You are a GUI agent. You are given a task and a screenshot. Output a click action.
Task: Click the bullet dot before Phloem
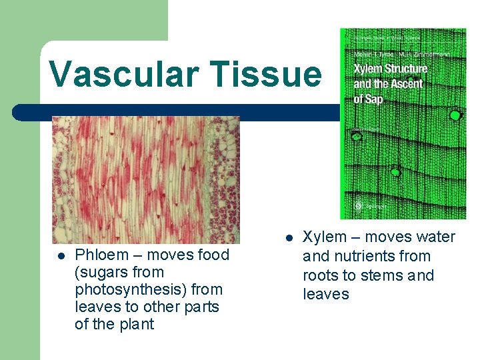point(61,255)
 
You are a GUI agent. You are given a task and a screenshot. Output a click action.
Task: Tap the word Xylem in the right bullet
point(325,237)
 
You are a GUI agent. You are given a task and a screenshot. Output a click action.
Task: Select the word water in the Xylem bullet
point(435,237)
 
